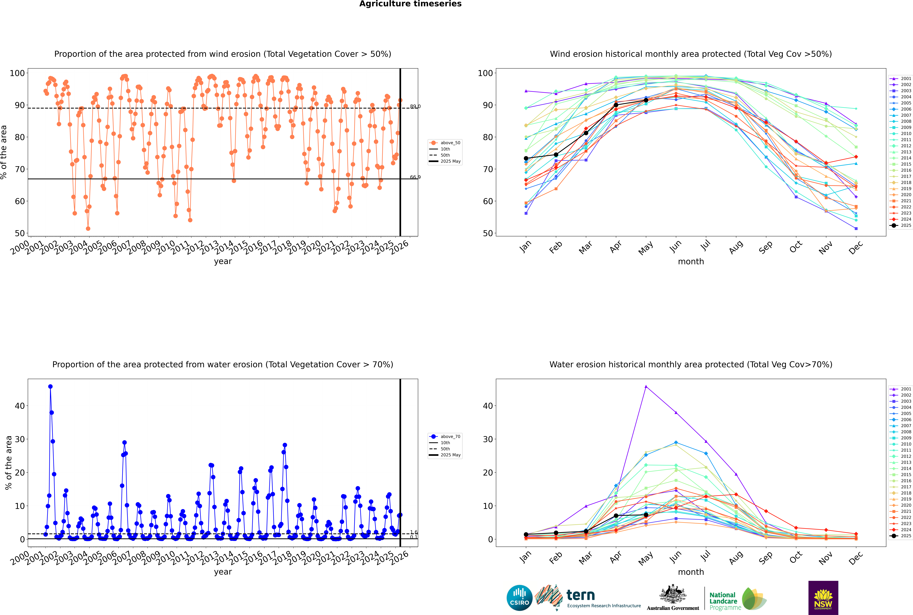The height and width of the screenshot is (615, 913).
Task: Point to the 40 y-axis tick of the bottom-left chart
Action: [20, 406]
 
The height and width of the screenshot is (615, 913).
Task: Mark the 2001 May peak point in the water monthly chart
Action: [646, 387]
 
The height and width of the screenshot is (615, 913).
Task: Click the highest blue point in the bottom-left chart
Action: [50, 387]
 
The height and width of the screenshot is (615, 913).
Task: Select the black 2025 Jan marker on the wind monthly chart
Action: [526, 158]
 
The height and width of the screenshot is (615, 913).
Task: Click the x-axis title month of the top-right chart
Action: [691, 262]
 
